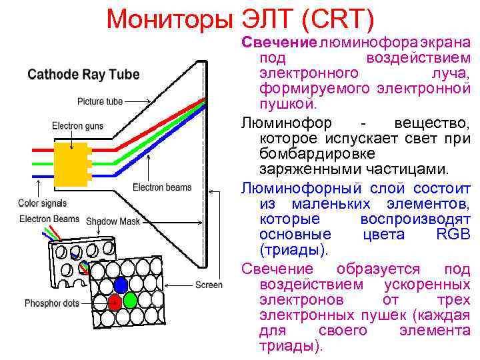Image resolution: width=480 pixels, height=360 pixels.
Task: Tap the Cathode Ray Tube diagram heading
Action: tap(83, 74)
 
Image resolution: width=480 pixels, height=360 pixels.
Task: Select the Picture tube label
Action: tap(100, 102)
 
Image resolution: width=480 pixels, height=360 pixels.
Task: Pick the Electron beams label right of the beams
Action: tap(162, 187)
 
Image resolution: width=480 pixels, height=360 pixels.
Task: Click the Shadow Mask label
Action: tap(113, 221)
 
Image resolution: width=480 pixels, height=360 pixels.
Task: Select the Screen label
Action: tap(209, 285)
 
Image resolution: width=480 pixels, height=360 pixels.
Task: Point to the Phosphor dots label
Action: tap(52, 303)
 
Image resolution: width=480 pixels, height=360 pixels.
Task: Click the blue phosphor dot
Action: tap(121, 285)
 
